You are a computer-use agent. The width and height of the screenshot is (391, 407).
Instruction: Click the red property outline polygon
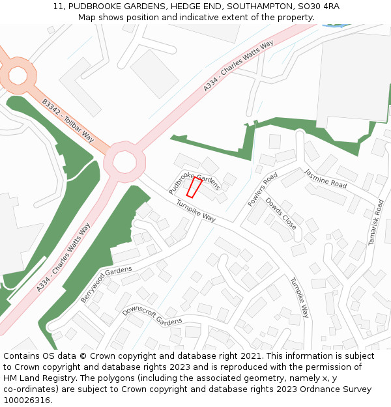[x=194, y=188]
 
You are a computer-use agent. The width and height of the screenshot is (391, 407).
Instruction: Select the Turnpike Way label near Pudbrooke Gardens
[x=195, y=210]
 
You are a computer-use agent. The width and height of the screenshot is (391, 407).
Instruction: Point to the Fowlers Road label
[x=263, y=189]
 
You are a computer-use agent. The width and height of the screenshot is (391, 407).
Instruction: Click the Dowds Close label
[x=281, y=214]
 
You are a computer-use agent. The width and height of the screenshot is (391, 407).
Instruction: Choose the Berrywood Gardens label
[x=106, y=284]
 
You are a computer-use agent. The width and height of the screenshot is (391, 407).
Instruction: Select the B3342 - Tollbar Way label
[x=68, y=121]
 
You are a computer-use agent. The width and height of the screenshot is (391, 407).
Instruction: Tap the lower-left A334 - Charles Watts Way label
[x=63, y=258]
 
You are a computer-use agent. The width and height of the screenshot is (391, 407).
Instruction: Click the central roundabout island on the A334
[x=123, y=161]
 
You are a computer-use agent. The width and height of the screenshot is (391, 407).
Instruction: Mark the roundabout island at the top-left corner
[x=17, y=75]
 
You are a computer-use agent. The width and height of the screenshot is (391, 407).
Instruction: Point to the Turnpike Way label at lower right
[x=299, y=298]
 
